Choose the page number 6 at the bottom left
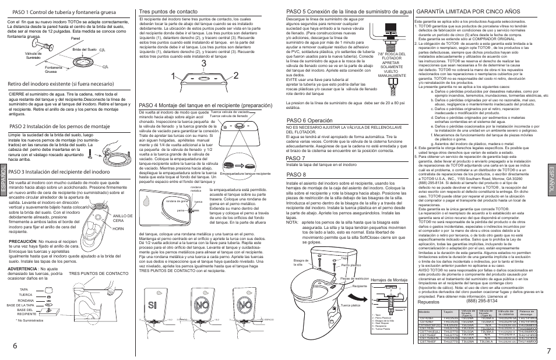(x=13, y=344)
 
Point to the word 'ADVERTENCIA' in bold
(x=23, y=268)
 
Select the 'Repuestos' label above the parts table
(x=427, y=302)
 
